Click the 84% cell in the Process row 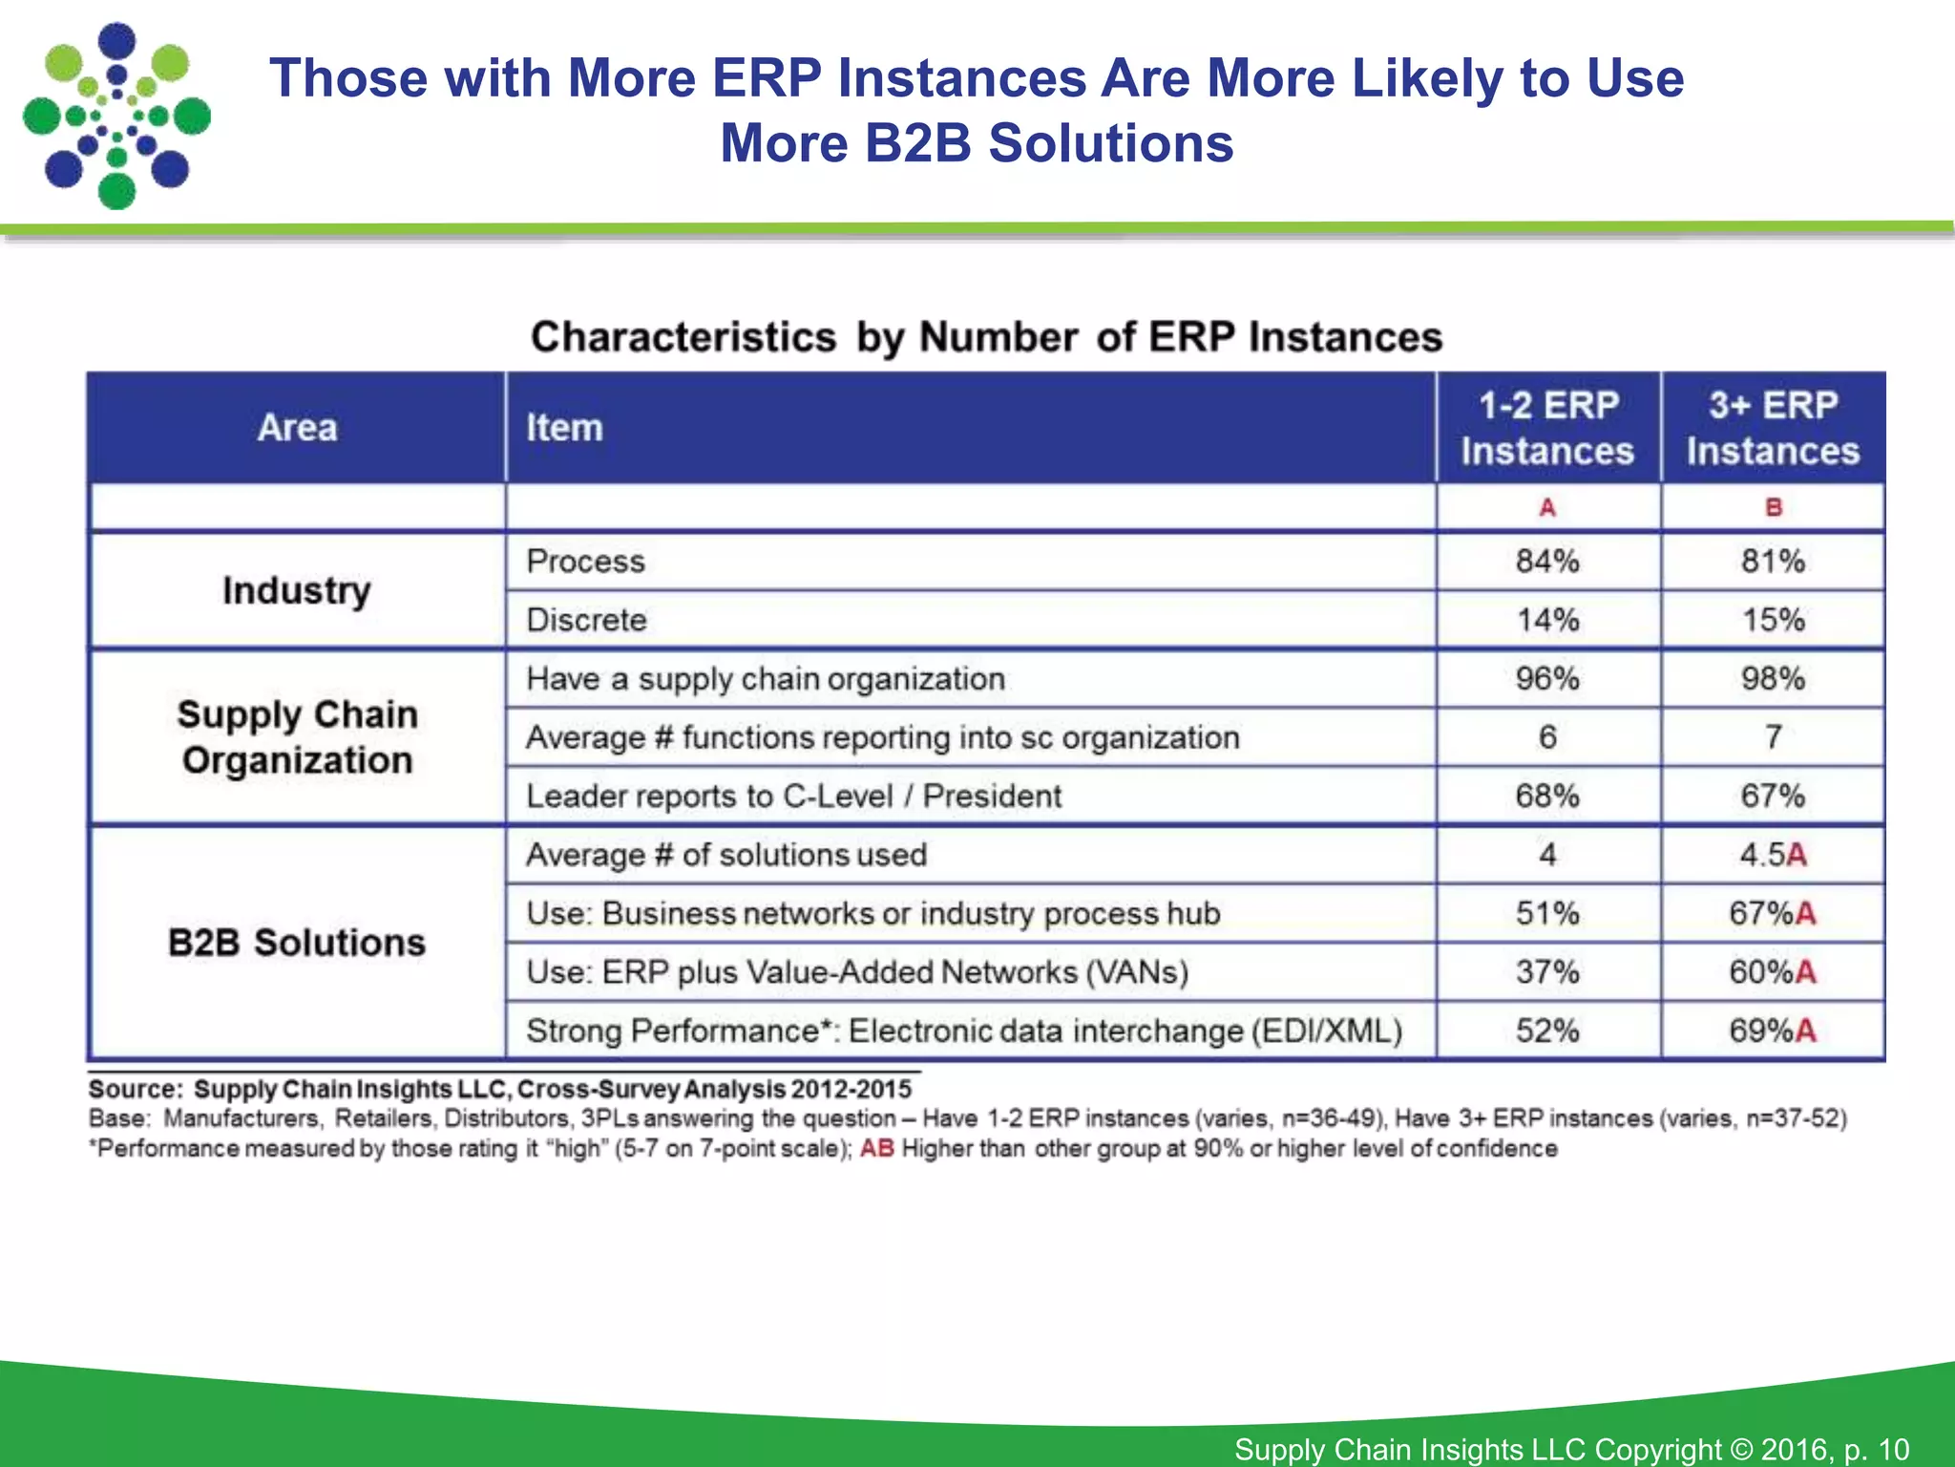(1547, 561)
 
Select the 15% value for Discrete (1773, 620)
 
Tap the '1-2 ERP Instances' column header (1547, 428)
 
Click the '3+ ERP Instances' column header (1773, 428)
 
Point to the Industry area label (296, 590)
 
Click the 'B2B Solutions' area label (296, 943)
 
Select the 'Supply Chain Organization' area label (296, 737)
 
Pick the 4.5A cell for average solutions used (1773, 855)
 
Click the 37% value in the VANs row (1547, 972)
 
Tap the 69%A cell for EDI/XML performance (1773, 1031)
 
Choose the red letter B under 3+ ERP (1773, 507)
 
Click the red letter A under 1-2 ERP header (1547, 507)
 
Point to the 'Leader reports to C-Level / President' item (793, 796)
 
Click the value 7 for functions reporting (1773, 737)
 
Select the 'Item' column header (564, 428)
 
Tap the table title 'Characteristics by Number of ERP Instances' (986, 337)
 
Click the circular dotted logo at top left (116, 117)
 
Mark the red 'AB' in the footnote (876, 1148)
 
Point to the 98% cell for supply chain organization (1773, 679)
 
